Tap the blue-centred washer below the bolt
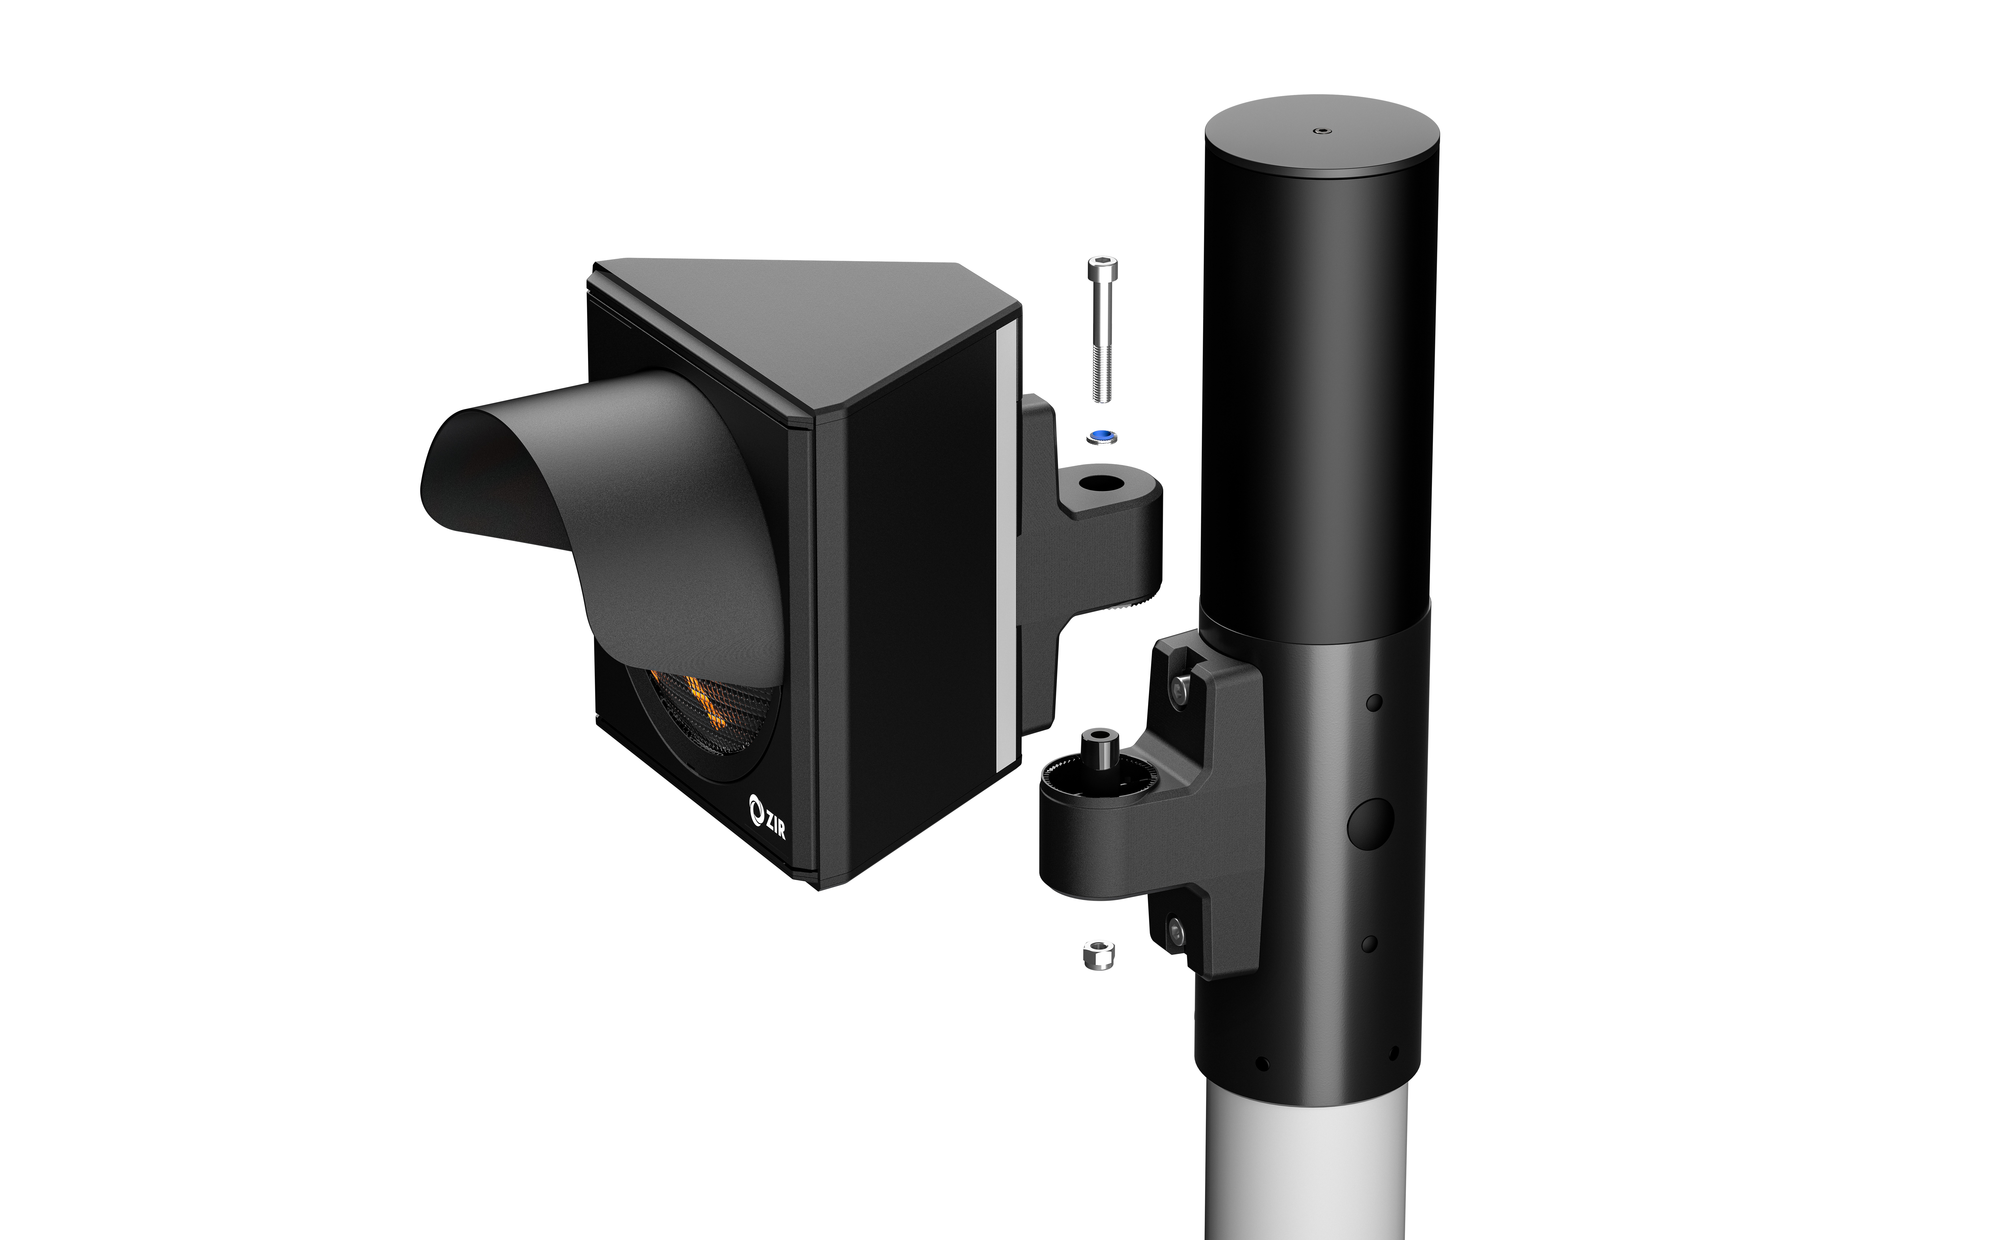[x=1101, y=436]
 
